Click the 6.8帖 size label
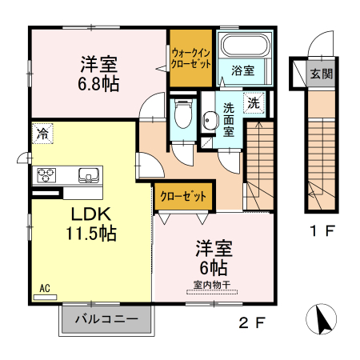(99, 83)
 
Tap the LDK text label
(91, 215)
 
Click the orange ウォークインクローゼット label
(190, 58)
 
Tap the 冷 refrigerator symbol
(42, 134)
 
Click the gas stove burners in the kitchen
(45, 174)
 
